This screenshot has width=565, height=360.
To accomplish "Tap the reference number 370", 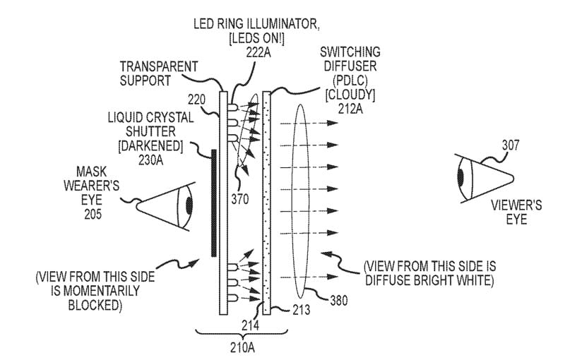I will tap(240, 199).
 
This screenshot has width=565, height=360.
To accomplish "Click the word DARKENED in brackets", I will tap(157, 145).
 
